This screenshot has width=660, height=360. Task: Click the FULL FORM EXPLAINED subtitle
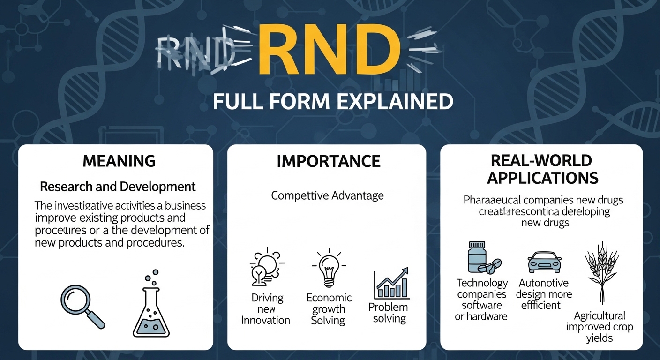pos(333,102)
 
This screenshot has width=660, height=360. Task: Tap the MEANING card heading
pos(119,161)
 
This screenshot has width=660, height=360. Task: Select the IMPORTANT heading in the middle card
pos(329,161)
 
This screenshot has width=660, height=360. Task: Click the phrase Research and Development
pos(118,187)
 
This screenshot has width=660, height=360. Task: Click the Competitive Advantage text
pos(327,195)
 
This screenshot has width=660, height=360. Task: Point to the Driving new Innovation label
pos(265,309)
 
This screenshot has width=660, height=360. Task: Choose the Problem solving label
pos(388,313)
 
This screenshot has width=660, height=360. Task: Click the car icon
pos(544,262)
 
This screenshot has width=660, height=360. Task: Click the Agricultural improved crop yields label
pos(600,327)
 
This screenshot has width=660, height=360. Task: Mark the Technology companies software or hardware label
pos(482,300)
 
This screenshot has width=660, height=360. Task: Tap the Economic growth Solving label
pos(329,309)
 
